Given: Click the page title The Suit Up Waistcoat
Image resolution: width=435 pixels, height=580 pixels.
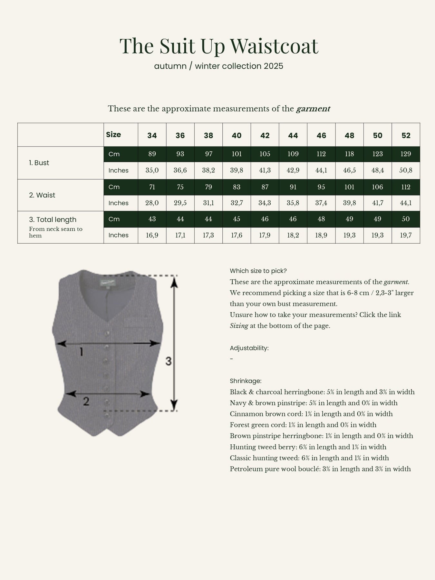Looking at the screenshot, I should click(219, 46).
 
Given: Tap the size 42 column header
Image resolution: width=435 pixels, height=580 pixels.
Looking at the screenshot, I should click(265, 135).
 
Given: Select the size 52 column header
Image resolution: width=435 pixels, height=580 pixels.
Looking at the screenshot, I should click(406, 135).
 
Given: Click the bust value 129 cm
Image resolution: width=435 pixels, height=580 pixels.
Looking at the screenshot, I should click(406, 154).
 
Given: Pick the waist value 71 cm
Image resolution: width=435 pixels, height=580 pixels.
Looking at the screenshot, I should click(152, 187).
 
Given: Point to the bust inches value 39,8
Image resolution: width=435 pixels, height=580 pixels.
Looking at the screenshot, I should click(237, 170).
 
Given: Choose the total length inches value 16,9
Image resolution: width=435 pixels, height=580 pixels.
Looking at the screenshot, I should click(152, 235).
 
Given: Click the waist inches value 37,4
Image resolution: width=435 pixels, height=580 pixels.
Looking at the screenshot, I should click(321, 203).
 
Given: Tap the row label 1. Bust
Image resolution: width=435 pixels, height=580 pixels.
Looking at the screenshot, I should click(39, 163).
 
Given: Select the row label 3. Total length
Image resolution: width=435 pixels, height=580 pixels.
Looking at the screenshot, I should click(53, 220).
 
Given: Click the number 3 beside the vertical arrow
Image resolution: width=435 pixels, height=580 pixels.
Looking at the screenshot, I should click(169, 362).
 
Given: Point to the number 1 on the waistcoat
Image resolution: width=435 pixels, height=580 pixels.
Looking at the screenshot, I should click(82, 352).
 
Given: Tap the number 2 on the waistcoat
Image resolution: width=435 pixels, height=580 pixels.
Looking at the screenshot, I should click(86, 401).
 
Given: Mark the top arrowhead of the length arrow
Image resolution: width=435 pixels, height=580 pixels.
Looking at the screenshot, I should click(174, 282).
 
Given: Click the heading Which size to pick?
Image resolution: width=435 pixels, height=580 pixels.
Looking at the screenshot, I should click(258, 271).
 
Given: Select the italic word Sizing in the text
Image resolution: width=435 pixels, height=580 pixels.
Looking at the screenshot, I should click(239, 326).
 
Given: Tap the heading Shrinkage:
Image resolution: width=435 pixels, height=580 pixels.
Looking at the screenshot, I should click(246, 381).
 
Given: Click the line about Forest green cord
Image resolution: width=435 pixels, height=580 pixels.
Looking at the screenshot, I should click(303, 425).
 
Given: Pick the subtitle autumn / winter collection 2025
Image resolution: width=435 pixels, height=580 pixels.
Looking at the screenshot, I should click(218, 66).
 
